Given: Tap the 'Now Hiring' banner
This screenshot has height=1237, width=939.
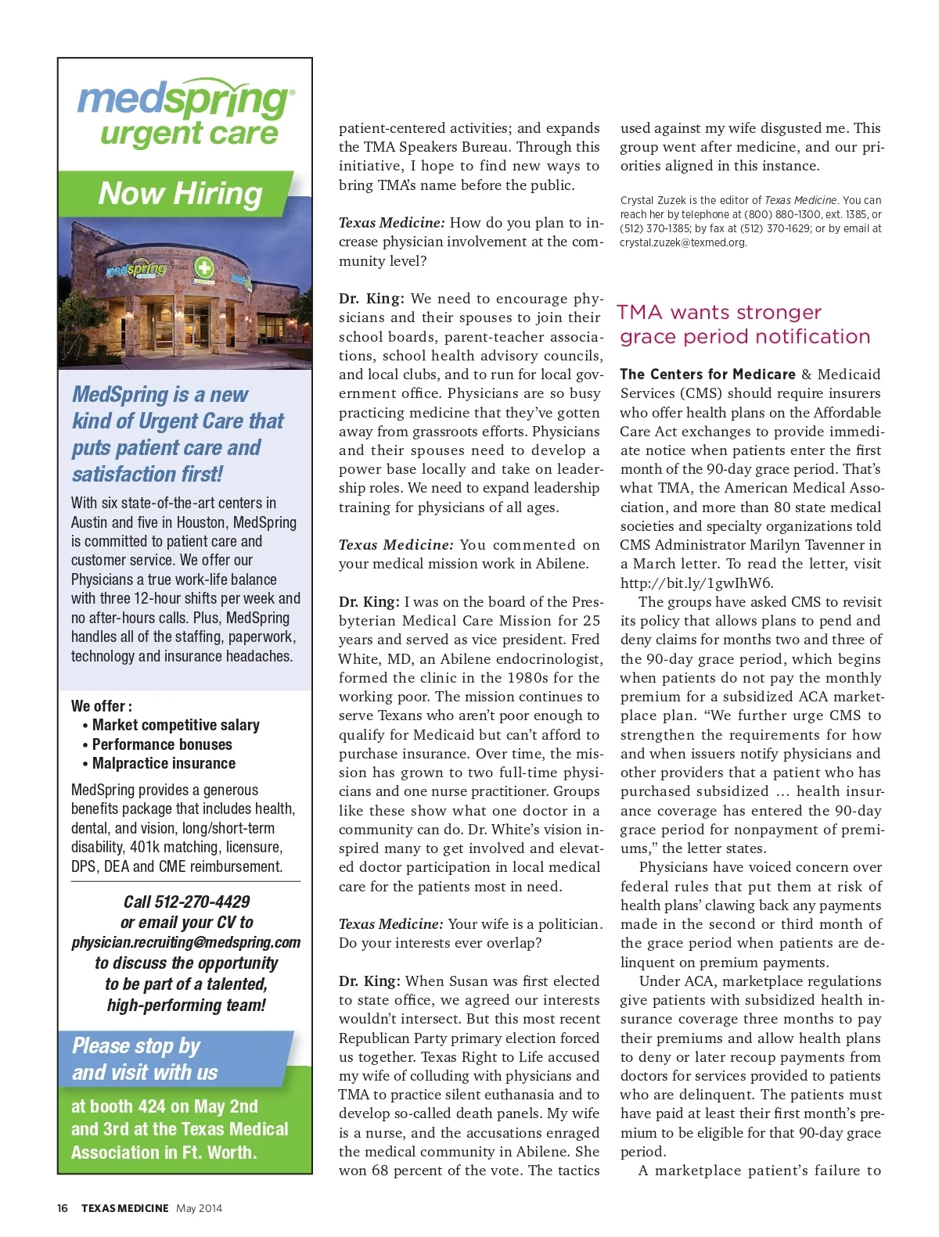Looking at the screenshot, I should (x=180, y=193).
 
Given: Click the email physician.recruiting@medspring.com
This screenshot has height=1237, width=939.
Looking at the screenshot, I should (x=186, y=942).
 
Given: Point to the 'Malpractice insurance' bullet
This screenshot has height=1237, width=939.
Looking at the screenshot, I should (x=164, y=763).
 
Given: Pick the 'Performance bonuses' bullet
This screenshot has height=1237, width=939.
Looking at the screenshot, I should (x=162, y=744).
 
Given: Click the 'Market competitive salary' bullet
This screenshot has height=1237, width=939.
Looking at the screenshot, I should (x=175, y=725).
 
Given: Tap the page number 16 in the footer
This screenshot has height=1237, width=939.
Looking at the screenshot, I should (x=63, y=1208).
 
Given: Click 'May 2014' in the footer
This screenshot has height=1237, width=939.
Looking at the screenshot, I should (x=199, y=1208).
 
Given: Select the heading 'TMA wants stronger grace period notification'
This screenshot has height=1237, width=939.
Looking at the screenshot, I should (x=743, y=324).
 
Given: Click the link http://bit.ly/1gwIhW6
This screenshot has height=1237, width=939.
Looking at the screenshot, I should (x=696, y=583).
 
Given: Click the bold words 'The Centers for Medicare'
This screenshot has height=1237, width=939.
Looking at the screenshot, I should (x=707, y=375).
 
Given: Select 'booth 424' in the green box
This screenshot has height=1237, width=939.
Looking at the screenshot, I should (x=124, y=1106).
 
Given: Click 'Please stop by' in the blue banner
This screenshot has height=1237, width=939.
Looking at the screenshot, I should (x=136, y=1046).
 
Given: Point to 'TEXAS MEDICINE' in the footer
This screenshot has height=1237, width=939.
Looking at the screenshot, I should (x=125, y=1208).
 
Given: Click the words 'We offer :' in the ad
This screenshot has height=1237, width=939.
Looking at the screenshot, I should (x=102, y=706).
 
